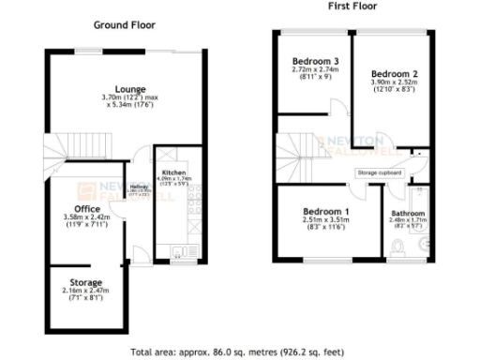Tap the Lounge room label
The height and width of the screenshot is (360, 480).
coord(130,90)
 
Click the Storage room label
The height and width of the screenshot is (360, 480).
coord(86,281)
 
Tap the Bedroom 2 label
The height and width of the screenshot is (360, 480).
coord(394,73)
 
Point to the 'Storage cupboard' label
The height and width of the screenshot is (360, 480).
coord(379,173)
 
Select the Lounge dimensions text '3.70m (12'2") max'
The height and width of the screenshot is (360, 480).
coord(130,98)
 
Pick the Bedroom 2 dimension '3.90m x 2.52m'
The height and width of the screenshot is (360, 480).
coord(394,82)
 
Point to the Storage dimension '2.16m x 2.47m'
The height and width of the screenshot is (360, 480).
coord(86,291)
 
